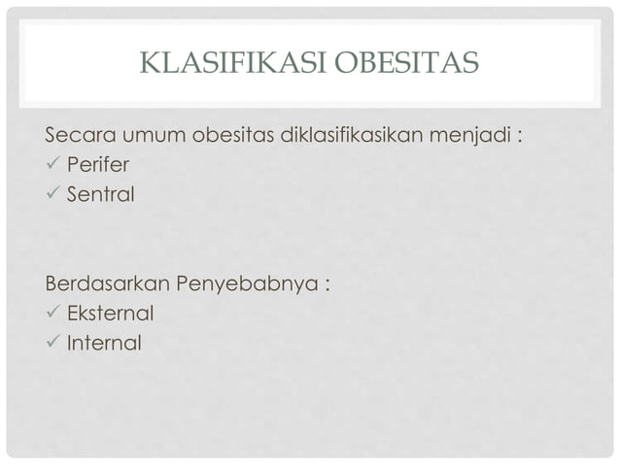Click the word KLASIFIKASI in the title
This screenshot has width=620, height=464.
[x=234, y=63]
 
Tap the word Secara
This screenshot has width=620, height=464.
[x=79, y=133]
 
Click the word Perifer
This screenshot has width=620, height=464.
[x=98, y=164]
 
